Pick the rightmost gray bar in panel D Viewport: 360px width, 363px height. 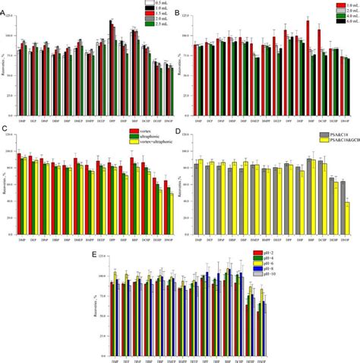pos(343,205)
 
